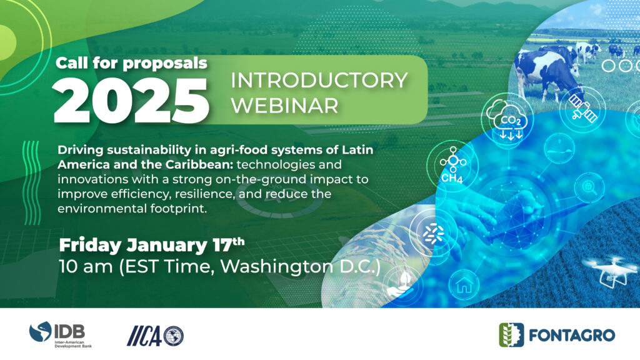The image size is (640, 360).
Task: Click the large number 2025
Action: [x=131, y=101]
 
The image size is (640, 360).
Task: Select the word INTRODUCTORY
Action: [x=319, y=80]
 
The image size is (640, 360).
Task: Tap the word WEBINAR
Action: [x=284, y=105]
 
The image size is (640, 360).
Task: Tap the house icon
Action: [x=464, y=285]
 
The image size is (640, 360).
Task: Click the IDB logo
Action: [x=61, y=334]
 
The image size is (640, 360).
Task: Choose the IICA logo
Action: [x=155, y=336]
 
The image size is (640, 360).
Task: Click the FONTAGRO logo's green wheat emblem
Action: [x=511, y=335]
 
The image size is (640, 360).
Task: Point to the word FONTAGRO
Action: [x=572, y=336]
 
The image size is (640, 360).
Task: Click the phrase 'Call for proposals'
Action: [x=131, y=63]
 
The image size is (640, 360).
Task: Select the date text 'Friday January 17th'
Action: [x=152, y=245]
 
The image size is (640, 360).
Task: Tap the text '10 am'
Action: [x=86, y=267]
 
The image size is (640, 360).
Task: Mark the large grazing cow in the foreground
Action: [x=547, y=74]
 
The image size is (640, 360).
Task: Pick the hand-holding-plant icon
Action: [x=402, y=284]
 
